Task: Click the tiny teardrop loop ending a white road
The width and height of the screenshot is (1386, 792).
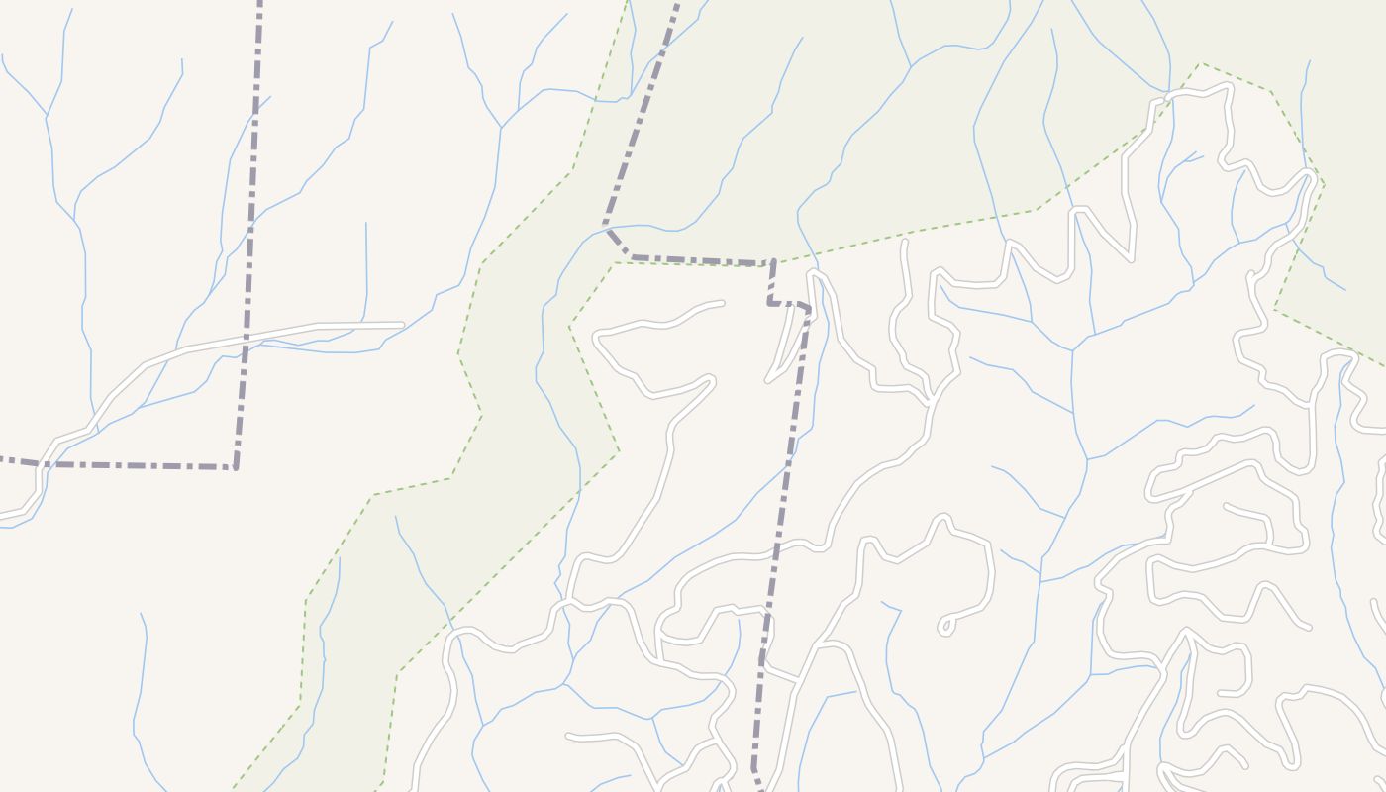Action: click(x=945, y=626)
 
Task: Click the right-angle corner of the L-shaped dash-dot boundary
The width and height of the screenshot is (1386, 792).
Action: click(x=236, y=466)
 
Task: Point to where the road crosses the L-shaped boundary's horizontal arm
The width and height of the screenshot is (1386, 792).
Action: click(x=40, y=463)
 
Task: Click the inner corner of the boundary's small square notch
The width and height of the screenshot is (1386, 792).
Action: click(x=770, y=302)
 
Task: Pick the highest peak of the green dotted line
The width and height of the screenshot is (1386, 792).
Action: click(x=1200, y=64)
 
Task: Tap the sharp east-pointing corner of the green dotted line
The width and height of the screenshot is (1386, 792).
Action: click(x=1324, y=183)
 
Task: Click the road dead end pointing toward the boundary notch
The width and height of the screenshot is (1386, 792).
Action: click(x=722, y=303)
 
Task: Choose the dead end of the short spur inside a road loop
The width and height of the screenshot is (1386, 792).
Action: click(x=1227, y=506)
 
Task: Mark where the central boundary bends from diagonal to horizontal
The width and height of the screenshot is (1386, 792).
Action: click(x=632, y=256)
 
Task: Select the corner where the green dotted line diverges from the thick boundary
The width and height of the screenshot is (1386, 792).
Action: click(x=614, y=262)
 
